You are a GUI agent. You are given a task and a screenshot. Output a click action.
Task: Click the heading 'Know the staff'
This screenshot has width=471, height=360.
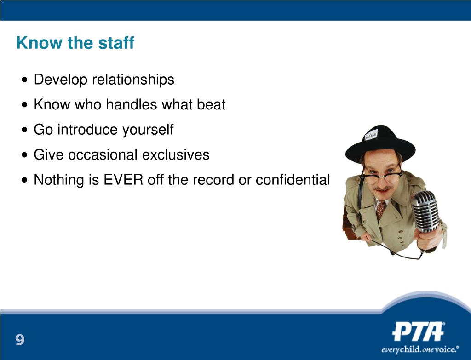(75, 43)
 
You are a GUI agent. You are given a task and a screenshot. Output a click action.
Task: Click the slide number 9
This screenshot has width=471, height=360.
(20, 340)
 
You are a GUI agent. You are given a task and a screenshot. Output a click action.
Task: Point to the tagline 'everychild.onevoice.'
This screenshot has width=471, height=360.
(420, 349)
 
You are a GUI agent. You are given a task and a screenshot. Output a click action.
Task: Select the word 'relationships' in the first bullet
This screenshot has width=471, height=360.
(133, 80)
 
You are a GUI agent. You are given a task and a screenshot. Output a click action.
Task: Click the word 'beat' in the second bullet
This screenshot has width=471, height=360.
(211, 104)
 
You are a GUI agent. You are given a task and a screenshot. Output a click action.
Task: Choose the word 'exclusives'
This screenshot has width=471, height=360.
(176, 154)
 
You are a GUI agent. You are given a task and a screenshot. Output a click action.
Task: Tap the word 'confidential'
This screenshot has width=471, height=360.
(293, 180)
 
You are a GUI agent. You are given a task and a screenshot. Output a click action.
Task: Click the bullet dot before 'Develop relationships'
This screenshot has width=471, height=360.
(25, 80)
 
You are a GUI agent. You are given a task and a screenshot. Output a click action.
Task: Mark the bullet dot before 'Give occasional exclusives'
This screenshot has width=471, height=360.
(25, 155)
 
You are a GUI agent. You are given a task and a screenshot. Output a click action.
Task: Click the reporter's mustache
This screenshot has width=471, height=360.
(382, 189)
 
